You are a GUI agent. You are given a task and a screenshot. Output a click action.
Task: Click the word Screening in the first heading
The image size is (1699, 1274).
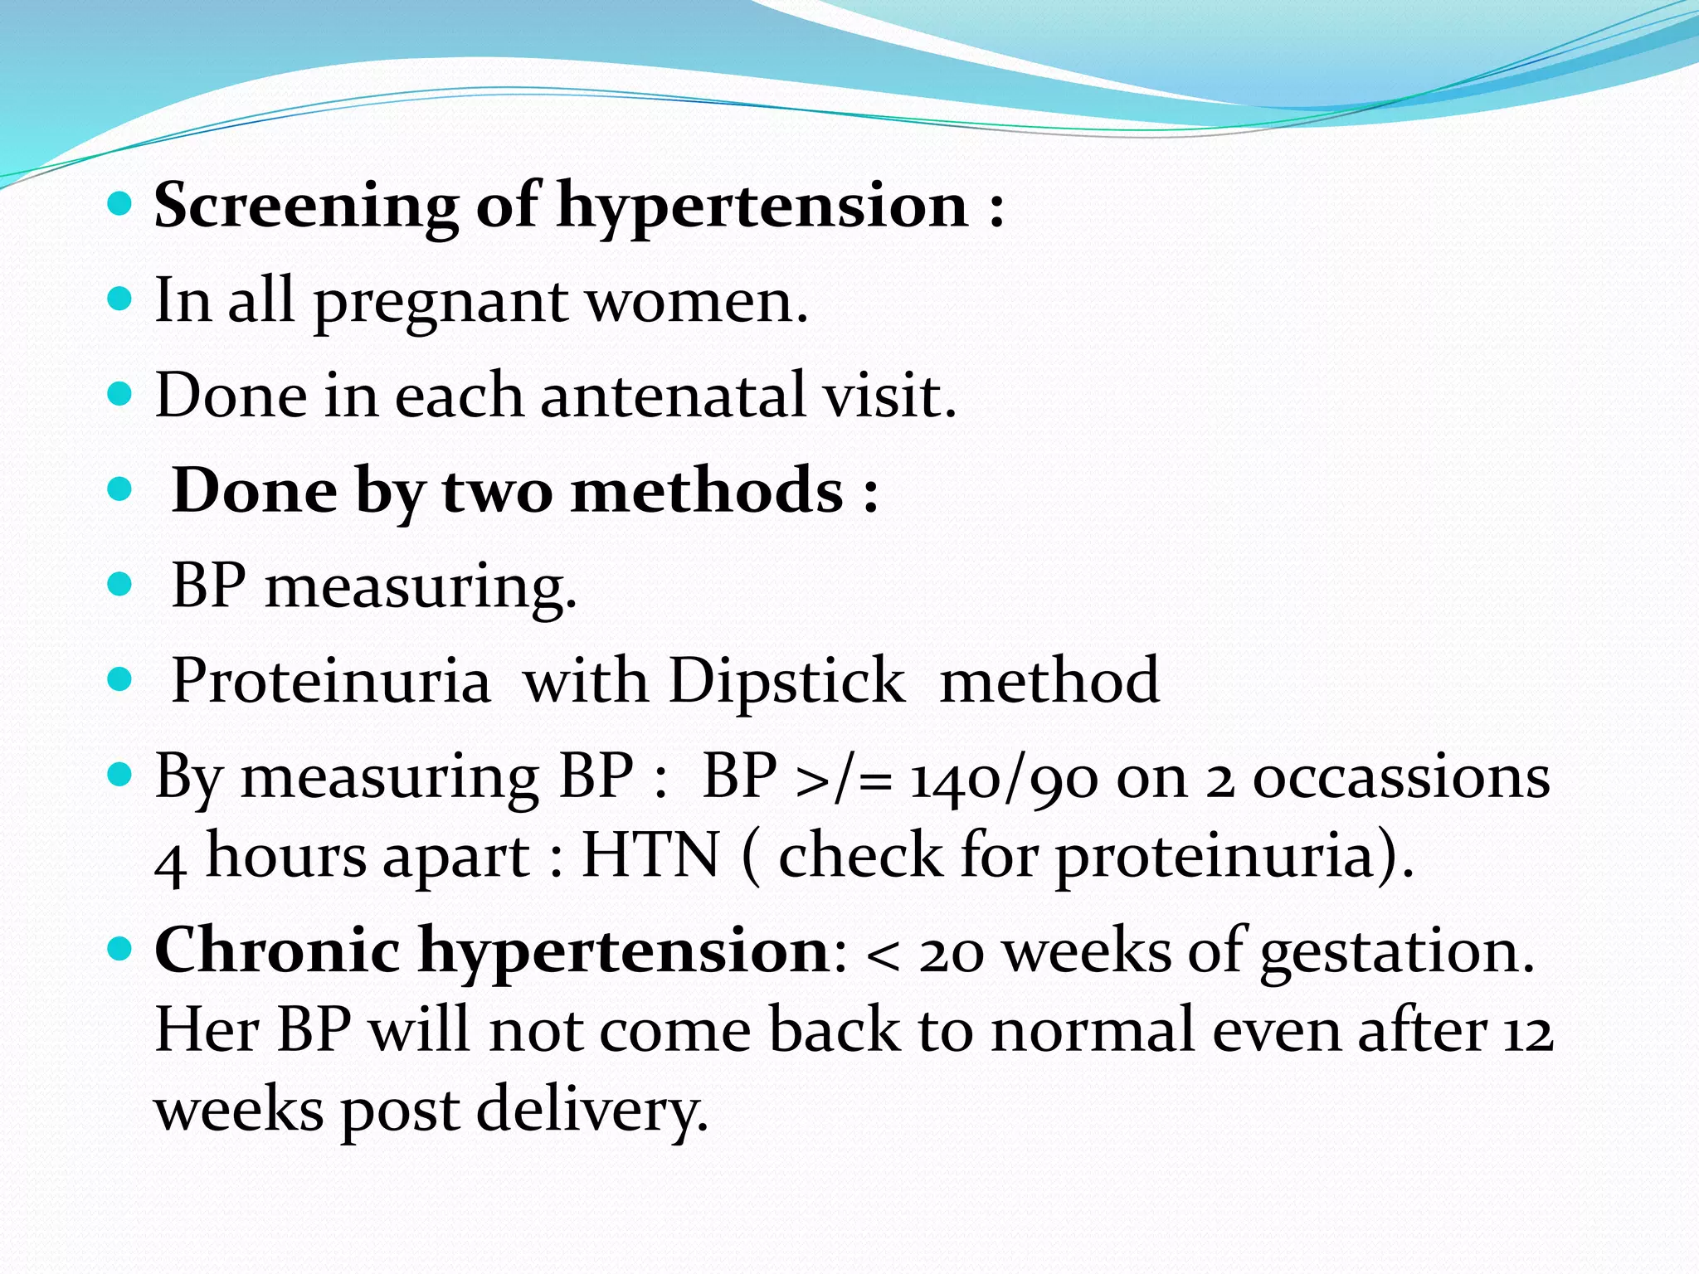[305, 206]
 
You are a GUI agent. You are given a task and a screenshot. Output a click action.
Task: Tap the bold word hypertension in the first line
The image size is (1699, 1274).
[762, 206]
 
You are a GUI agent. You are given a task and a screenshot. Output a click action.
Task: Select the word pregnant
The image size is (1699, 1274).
[440, 302]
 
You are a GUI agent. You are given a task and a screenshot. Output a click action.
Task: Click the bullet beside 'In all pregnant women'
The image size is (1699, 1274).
[120, 299]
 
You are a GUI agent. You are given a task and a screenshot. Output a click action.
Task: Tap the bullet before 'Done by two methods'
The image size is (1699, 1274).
[120, 489]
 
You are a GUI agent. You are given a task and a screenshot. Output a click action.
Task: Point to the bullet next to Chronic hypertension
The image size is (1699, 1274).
[120, 947]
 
